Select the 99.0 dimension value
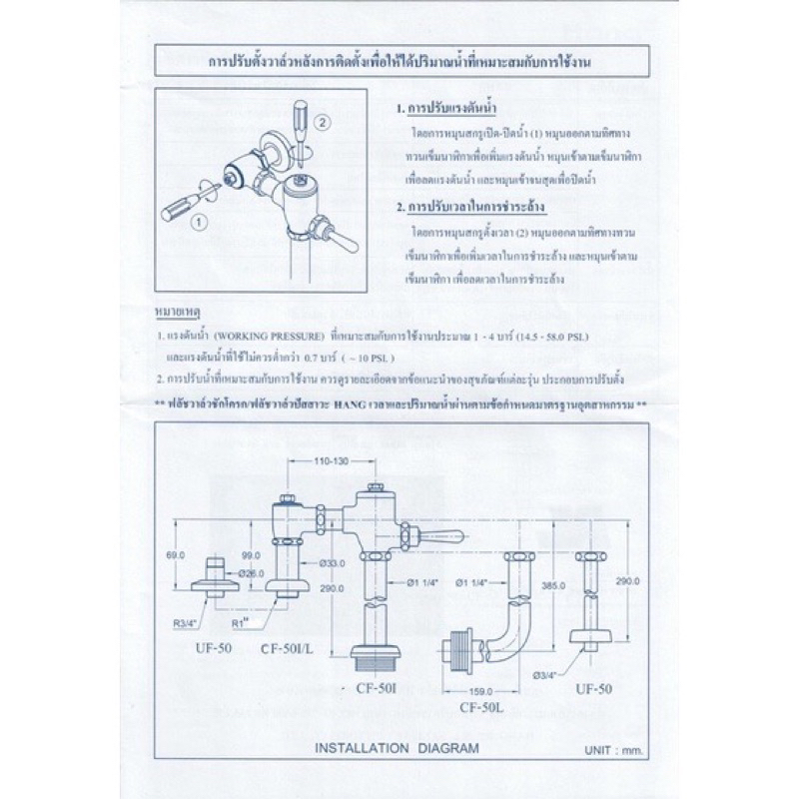[252, 553]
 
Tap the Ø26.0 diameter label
[252, 572]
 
